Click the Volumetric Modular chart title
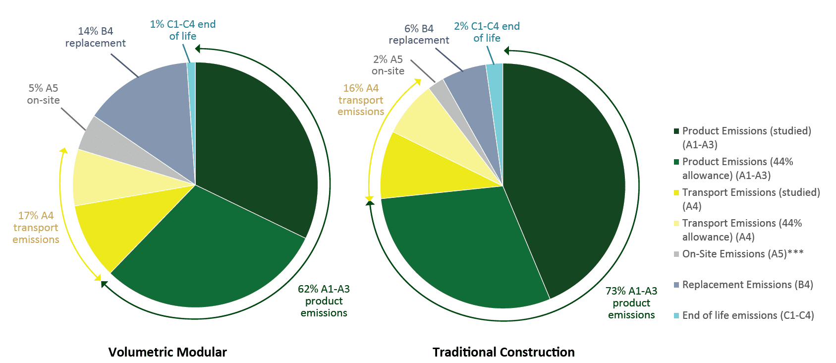pyautogui.click(x=167, y=352)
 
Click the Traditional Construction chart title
pyautogui.click(x=503, y=352)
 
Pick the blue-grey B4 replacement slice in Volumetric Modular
pyautogui.click(x=149, y=99)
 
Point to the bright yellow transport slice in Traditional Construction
pyautogui.click(x=411, y=166)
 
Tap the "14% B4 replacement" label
pyautogui.click(x=96, y=37)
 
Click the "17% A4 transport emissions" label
pyautogui.click(x=36, y=228)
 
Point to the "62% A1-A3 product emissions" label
pyautogui.click(x=324, y=301)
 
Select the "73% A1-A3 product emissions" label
pyautogui.click(x=631, y=303)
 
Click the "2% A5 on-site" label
pyautogui.click(x=388, y=65)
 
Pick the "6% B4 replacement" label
pyautogui.click(x=419, y=34)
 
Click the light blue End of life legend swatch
pyautogui.click(x=676, y=316)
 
